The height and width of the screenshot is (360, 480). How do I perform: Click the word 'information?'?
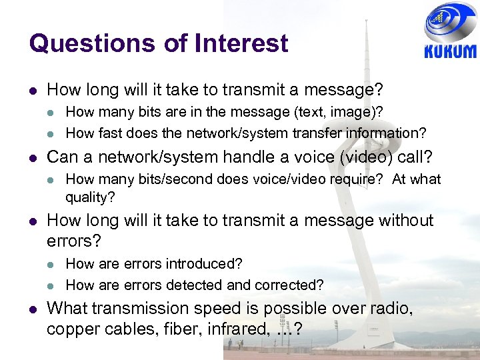(x=388, y=133)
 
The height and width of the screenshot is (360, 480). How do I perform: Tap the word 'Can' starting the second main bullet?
(x=63, y=157)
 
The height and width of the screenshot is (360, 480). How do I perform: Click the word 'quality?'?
(x=90, y=197)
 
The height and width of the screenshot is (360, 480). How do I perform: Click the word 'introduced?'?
(x=203, y=265)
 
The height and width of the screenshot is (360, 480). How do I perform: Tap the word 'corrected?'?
(x=291, y=285)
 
